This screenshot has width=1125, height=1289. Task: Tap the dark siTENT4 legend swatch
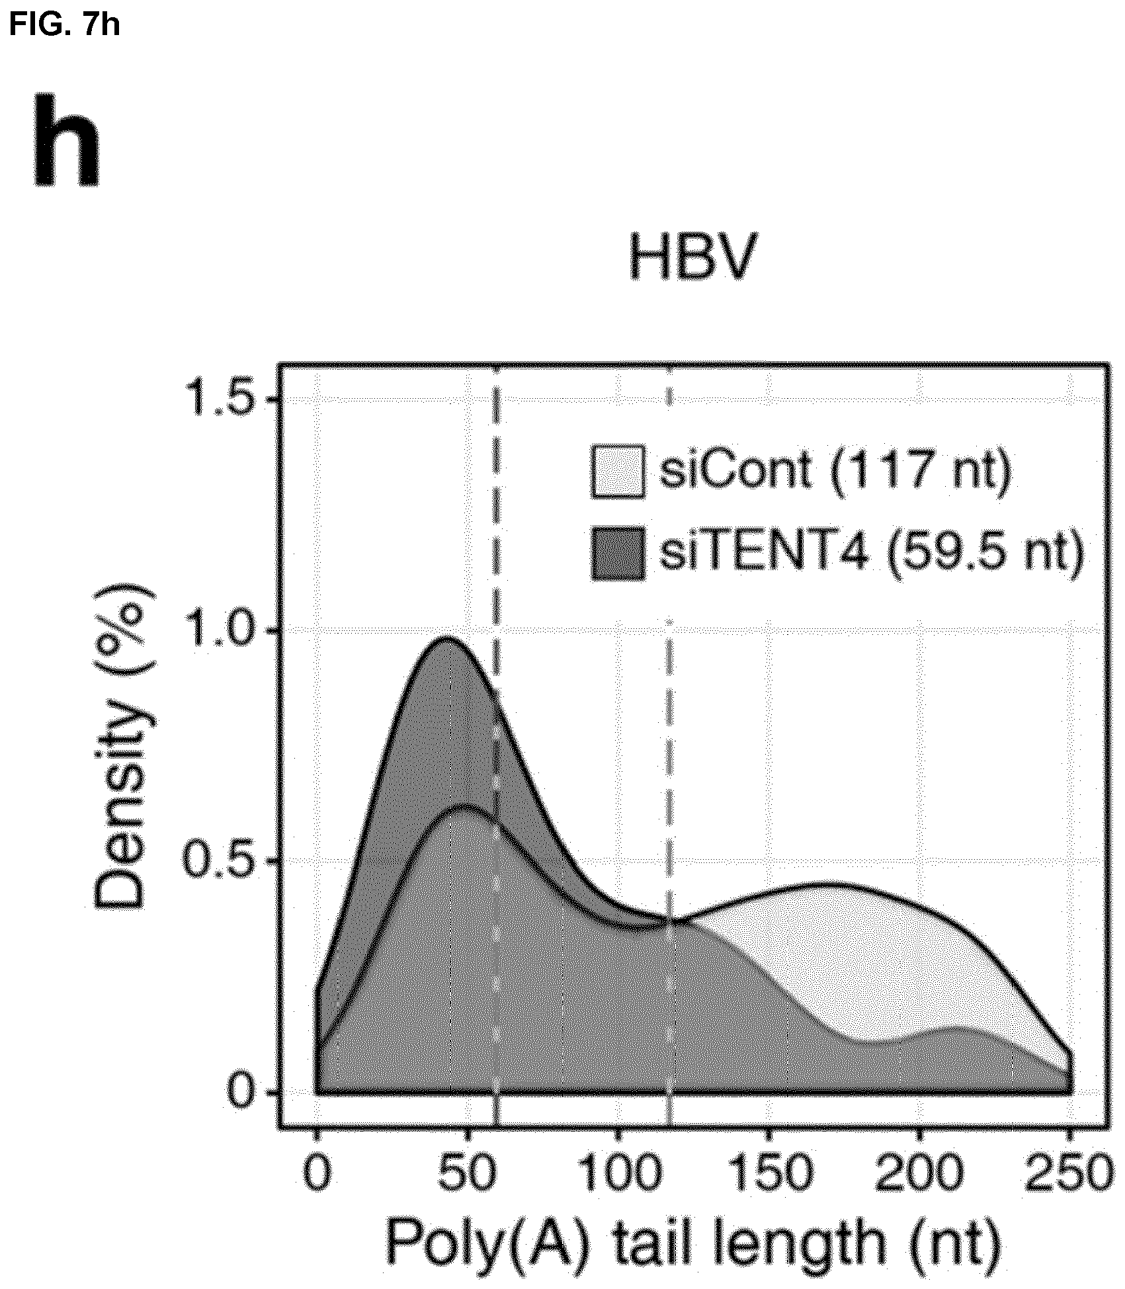tap(618, 553)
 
